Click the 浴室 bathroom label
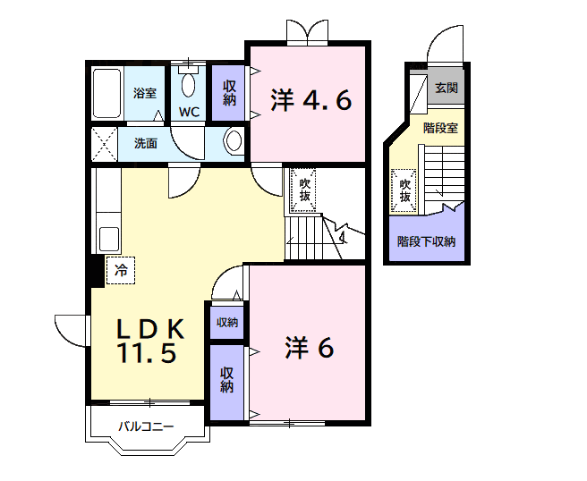(145, 93)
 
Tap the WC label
(189, 113)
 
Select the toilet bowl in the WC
(189, 84)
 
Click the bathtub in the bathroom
(107, 93)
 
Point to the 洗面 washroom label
(146, 143)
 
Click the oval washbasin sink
(234, 141)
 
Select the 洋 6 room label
(310, 349)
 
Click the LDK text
(150, 329)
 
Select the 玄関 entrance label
(447, 88)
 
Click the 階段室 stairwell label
(440, 128)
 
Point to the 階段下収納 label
(426, 240)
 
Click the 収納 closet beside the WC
(229, 92)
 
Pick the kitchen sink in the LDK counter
(109, 240)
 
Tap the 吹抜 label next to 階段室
(404, 190)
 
